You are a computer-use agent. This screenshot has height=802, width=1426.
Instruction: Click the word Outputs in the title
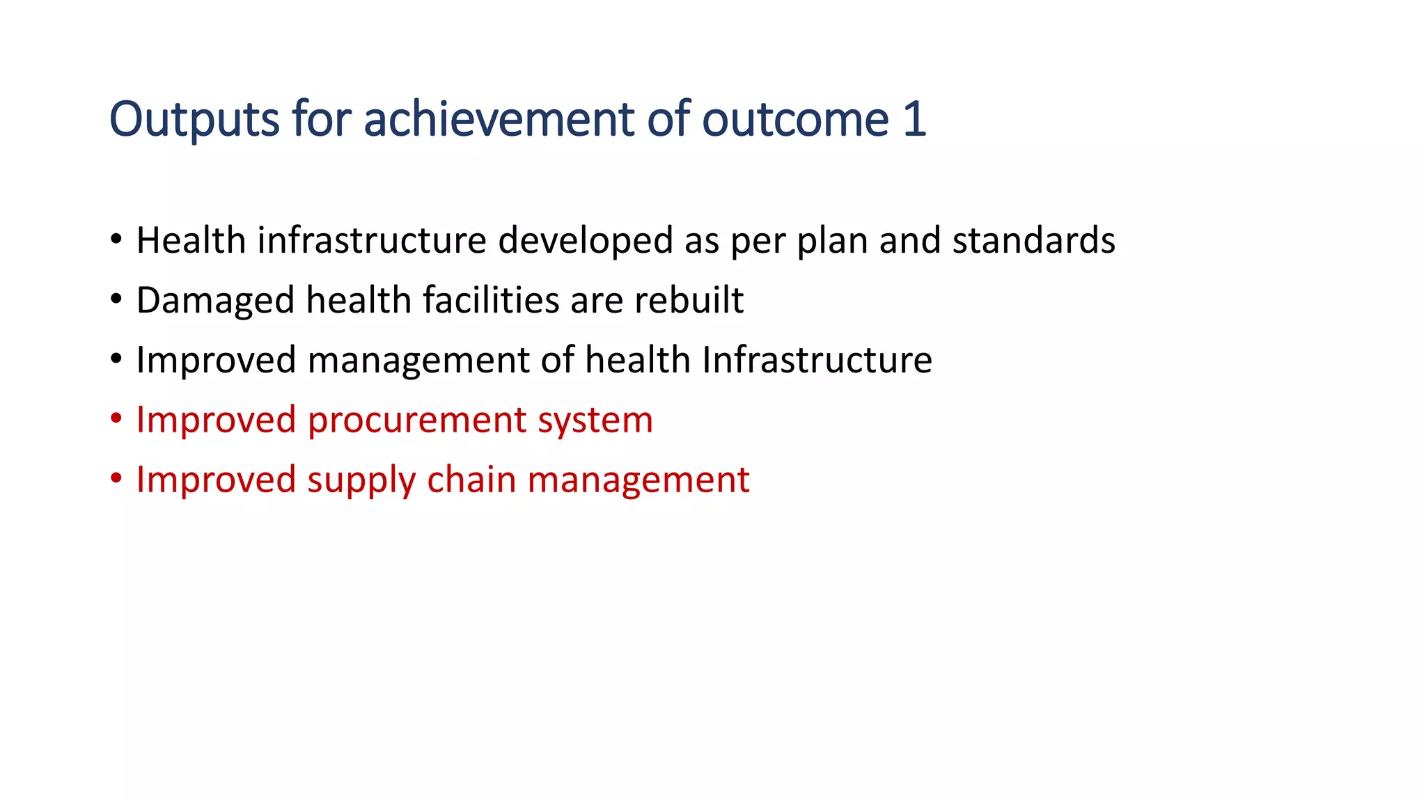pyautogui.click(x=194, y=120)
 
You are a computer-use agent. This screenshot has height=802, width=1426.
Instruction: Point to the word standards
pyautogui.click(x=1033, y=241)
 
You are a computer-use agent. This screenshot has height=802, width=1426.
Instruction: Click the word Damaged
pyautogui.click(x=215, y=301)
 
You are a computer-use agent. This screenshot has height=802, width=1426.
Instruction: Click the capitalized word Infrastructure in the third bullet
pyautogui.click(x=817, y=360)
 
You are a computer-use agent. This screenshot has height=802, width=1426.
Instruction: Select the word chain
pyautogui.click(x=471, y=480)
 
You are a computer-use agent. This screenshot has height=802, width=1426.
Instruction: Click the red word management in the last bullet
pyautogui.click(x=638, y=481)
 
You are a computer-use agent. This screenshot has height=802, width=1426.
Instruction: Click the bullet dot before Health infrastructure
pyautogui.click(x=116, y=240)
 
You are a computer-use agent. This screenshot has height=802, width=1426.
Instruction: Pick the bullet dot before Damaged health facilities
pyautogui.click(x=116, y=300)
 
